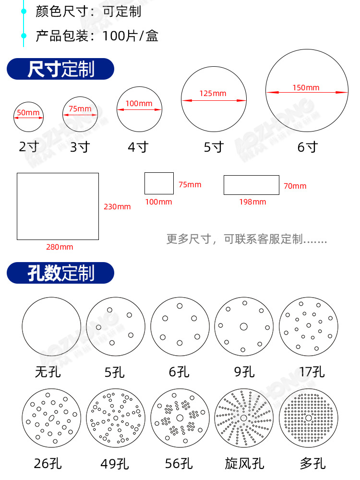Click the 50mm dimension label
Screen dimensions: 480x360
(28, 113)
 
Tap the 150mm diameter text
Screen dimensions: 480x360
(306, 87)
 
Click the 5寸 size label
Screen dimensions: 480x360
(214, 147)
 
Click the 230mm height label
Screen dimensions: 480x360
(117, 207)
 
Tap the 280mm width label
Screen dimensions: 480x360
(60, 247)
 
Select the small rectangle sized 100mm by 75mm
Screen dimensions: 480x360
(159, 183)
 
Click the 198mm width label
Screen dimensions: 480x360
(252, 202)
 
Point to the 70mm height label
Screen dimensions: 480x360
(295, 186)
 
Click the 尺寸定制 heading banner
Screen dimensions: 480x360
(60, 69)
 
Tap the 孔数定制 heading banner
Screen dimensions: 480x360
(60, 273)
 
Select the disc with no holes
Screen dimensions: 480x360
(51, 326)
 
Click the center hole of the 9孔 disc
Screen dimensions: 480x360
(243, 327)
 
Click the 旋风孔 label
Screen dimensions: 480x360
(244, 463)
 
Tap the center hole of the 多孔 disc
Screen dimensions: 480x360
(309, 418)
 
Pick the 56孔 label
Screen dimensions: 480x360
(179, 463)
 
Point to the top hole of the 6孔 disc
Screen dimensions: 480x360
(180, 306)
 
